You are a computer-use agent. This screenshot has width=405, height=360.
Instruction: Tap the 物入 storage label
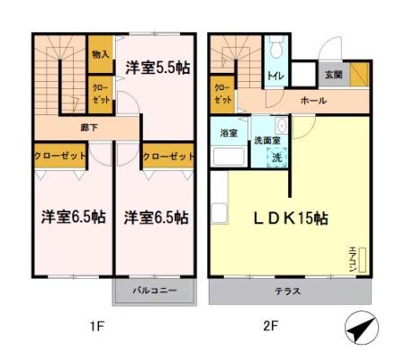point(100,54)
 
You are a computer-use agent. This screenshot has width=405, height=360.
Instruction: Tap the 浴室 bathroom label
point(228,133)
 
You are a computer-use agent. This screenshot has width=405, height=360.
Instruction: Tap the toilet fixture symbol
point(274,48)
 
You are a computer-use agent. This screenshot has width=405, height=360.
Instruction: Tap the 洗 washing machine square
point(277,157)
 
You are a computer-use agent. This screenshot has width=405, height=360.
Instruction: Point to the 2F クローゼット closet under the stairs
point(222,92)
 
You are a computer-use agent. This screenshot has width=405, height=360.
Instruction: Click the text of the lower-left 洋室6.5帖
point(73,218)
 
